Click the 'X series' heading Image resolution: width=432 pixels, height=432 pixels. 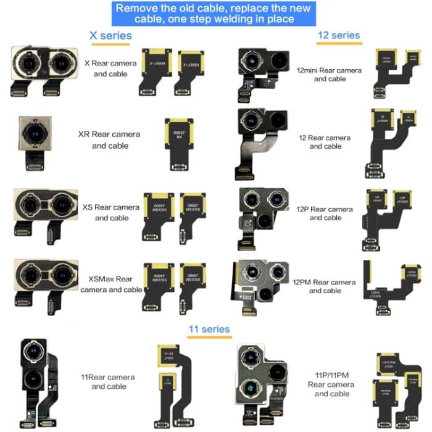[110, 36]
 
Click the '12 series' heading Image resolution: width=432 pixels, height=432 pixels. [338, 35]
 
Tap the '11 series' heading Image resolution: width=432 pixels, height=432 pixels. [209, 329]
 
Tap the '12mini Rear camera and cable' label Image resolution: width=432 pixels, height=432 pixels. [329, 75]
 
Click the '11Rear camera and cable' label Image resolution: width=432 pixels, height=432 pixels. [109, 381]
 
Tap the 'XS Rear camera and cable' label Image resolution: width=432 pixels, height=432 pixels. [112, 212]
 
